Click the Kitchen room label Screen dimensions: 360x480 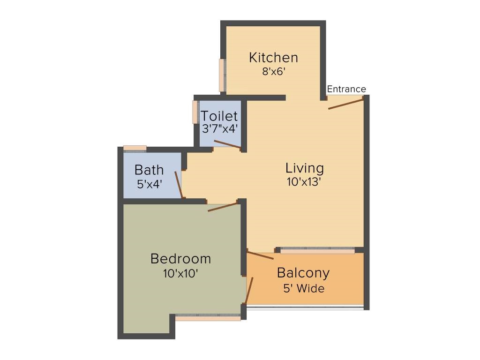(273, 58)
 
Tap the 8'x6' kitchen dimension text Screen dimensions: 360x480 (274, 72)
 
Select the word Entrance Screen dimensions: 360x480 (346, 89)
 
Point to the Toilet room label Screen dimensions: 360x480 (219, 116)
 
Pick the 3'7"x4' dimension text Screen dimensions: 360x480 (219, 129)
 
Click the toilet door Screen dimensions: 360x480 (227, 144)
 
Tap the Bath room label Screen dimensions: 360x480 (149, 170)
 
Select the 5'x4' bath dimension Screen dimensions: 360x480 (149, 184)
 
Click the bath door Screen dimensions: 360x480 (179, 185)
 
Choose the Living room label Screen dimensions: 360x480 (305, 168)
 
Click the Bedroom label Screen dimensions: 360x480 (180, 258)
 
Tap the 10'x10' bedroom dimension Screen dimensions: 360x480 (181, 273)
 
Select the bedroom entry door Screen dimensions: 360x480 (223, 207)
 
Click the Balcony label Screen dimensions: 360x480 (303, 273)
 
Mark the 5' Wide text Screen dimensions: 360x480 (303, 288)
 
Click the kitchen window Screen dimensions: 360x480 (222, 75)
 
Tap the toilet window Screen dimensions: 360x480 (195, 112)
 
